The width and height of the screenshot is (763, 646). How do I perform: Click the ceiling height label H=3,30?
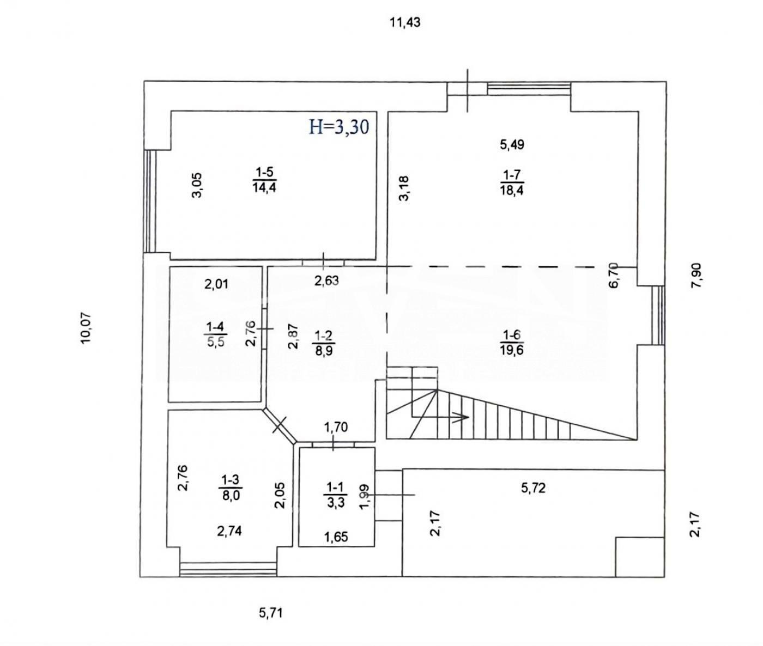(339, 127)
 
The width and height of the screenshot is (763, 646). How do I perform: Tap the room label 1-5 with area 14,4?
(264, 180)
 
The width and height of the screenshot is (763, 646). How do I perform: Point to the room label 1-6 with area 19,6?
(512, 343)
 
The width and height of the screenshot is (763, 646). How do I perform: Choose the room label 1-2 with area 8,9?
(324, 343)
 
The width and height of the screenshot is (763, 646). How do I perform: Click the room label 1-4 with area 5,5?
(216, 334)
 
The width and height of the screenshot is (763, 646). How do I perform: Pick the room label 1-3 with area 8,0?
(231, 487)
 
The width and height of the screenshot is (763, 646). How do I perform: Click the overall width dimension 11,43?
(405, 23)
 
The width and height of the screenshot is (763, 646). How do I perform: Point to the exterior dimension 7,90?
(696, 276)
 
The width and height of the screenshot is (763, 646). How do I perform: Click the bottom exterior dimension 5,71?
(271, 613)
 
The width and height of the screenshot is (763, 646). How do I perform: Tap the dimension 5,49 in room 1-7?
(512, 144)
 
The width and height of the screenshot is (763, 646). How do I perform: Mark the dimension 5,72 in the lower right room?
(534, 488)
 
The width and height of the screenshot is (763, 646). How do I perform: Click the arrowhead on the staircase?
(462, 418)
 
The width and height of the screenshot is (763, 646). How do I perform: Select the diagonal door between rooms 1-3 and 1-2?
(280, 425)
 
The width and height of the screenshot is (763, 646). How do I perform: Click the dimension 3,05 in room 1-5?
(197, 186)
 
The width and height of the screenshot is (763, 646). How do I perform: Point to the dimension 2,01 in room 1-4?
(216, 284)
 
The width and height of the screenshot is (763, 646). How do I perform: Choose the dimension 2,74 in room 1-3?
(229, 531)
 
